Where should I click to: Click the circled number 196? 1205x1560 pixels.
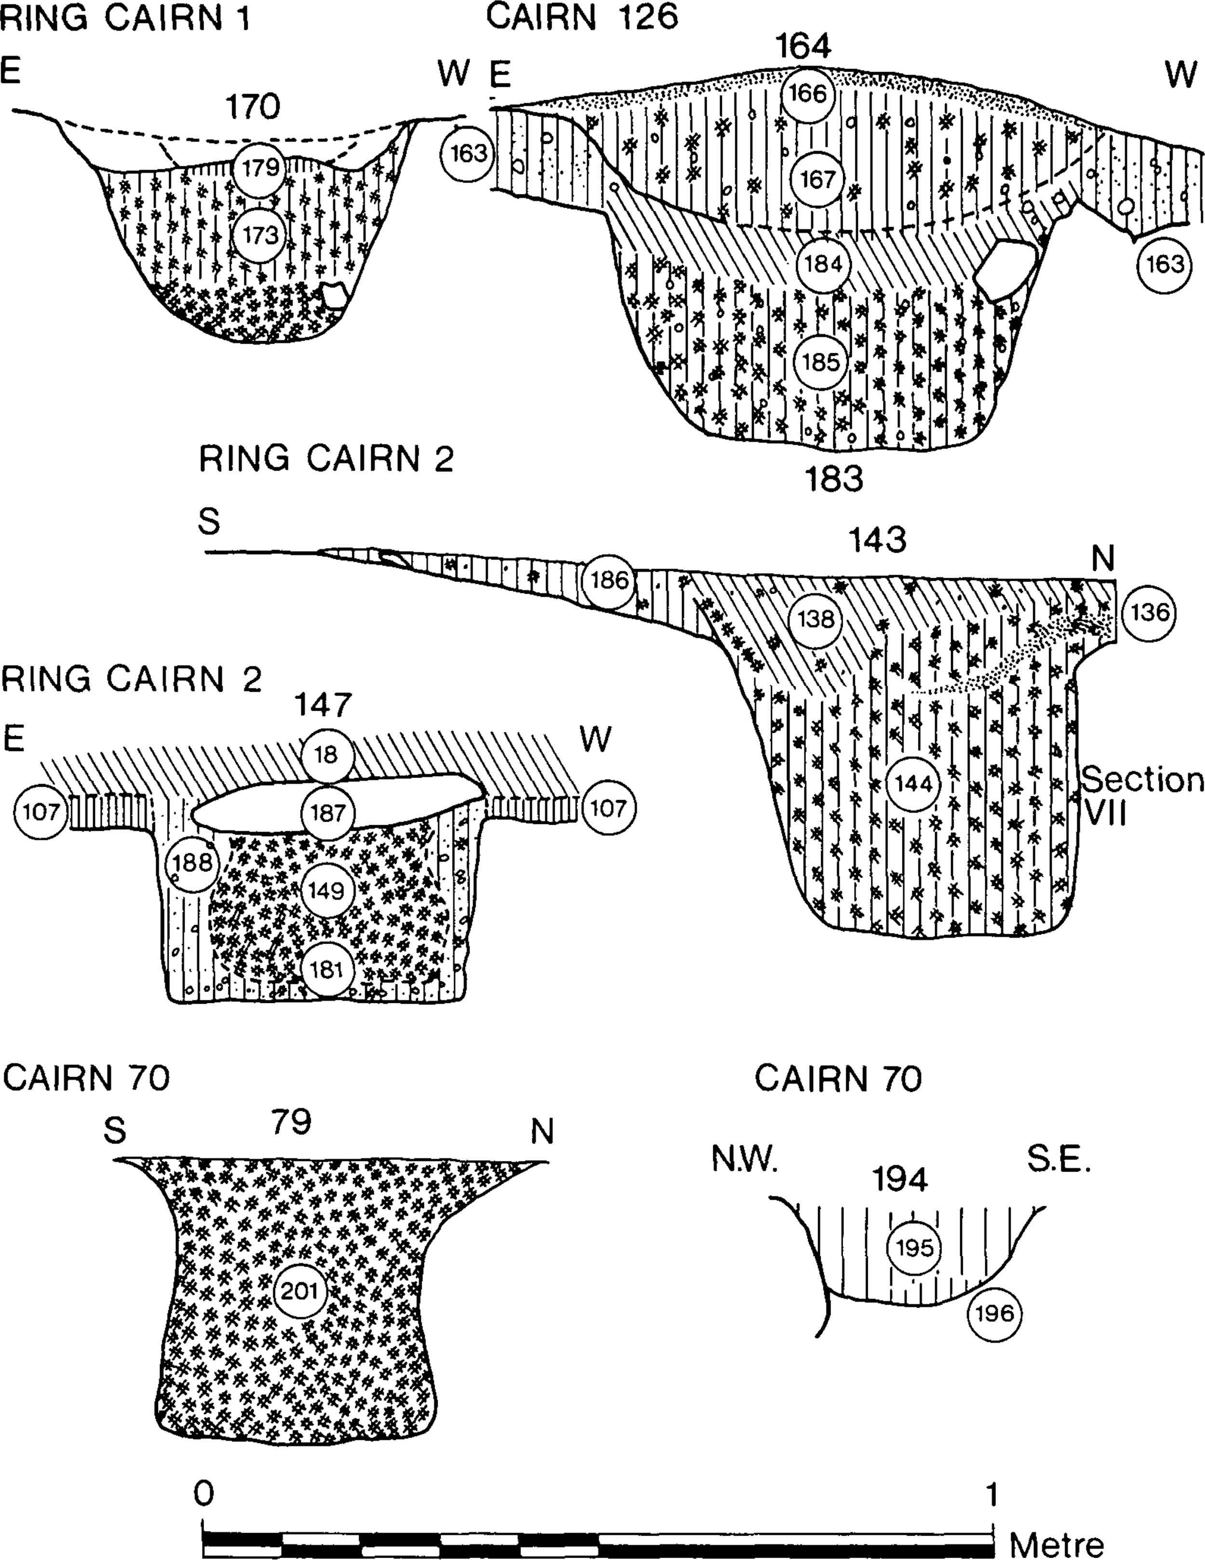point(994,1313)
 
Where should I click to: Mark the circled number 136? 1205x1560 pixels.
point(1149,613)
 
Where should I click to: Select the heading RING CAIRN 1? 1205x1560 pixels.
point(125,19)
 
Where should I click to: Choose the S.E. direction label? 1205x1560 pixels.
point(1058,1161)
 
